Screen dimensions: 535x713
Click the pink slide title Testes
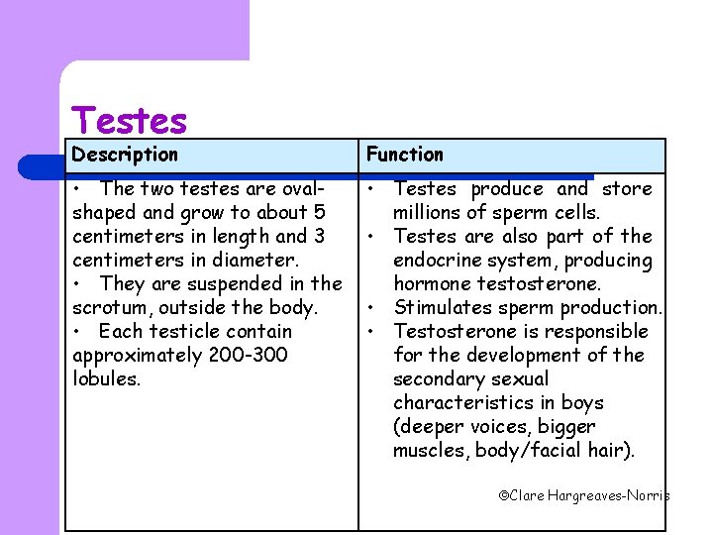[130, 121]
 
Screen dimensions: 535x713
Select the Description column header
[125, 155]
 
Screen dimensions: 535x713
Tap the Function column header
[405, 155]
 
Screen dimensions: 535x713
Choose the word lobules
[105, 379]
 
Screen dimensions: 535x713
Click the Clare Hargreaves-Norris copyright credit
[583, 494]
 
